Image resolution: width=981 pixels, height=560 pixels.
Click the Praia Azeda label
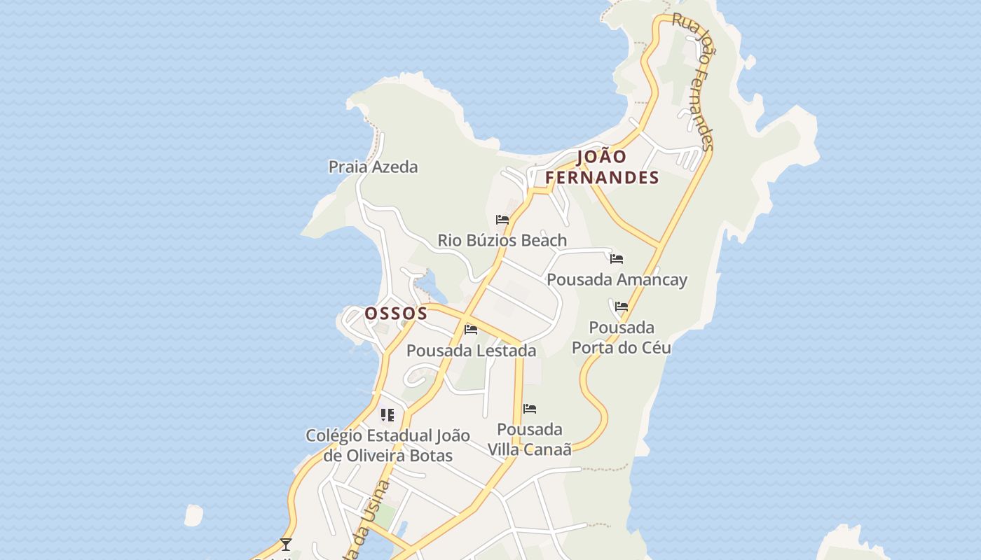point(373,167)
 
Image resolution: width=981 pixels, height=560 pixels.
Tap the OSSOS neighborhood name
point(396,313)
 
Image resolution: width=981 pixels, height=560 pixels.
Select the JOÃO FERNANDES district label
point(603,167)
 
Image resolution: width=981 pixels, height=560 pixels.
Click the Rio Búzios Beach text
point(502,240)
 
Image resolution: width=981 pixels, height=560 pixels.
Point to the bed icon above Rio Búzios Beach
point(502,220)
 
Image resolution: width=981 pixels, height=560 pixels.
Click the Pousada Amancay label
point(617,279)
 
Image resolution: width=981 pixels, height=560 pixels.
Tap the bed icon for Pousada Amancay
point(617,259)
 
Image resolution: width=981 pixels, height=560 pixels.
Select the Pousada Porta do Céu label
point(622,337)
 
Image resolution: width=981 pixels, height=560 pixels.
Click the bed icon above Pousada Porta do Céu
point(622,307)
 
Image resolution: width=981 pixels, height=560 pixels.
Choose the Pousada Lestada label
point(471,350)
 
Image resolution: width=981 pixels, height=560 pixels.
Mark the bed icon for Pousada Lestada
point(471,330)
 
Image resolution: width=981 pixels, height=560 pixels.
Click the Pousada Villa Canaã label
point(530,439)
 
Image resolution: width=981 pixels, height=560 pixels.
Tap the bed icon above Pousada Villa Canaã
point(530,409)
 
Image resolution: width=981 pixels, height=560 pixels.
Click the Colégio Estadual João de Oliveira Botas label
point(387,445)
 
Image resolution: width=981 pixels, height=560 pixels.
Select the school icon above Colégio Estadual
point(387,415)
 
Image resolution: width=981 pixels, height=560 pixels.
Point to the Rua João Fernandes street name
point(693,80)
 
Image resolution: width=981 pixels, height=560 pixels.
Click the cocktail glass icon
point(285,544)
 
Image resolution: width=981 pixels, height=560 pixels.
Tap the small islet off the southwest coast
point(193,516)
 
